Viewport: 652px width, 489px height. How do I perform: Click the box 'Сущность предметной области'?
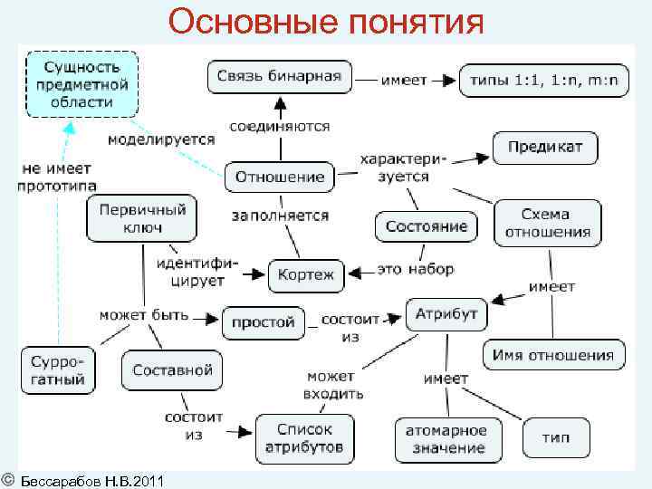click(82, 83)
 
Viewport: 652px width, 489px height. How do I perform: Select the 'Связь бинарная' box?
click(279, 77)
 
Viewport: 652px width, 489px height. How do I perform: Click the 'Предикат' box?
click(544, 148)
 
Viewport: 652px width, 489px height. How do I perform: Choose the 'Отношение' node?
click(279, 177)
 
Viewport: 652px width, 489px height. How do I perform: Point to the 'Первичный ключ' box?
click(142, 218)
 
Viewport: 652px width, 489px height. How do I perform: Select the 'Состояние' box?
click(426, 225)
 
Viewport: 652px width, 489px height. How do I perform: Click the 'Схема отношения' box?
click(546, 223)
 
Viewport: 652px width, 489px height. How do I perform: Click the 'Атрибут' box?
click(446, 314)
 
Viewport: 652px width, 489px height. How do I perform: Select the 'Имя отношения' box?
click(553, 355)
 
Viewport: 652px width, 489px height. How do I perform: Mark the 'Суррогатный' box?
click(58, 369)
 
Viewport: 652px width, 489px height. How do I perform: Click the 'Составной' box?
click(172, 369)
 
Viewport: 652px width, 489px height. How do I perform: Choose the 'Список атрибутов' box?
click(304, 438)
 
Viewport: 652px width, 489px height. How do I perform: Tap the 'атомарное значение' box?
click(446, 439)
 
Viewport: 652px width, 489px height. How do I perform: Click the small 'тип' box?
click(556, 437)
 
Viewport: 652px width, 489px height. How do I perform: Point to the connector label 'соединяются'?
click(279, 127)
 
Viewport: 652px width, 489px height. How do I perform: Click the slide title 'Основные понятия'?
click(326, 21)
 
